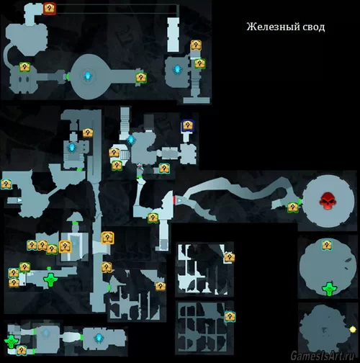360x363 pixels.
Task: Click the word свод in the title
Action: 313,27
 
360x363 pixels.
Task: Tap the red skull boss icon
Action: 328,200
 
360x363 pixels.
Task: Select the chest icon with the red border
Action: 50,9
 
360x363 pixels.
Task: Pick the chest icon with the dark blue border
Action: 188,125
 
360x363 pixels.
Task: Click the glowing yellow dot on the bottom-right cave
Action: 353,329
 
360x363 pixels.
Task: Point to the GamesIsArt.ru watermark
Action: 322,355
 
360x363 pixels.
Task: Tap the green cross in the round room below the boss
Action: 329,289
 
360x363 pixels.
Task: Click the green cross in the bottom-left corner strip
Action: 12,341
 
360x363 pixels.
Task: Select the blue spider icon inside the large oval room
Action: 88,76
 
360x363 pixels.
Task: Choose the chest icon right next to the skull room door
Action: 293,207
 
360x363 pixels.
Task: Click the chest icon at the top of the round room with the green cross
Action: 327,245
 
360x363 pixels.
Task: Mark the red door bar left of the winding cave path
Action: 174,200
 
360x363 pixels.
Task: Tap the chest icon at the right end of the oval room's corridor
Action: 141,78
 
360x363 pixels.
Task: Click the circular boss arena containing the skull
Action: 328,201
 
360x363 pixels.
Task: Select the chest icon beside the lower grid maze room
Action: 230,317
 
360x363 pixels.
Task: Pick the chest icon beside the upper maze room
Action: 230,257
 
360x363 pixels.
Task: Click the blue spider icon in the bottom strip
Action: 99,338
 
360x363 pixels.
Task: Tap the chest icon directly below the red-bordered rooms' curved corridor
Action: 24,67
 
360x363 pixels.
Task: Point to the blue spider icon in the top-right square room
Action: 177,69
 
